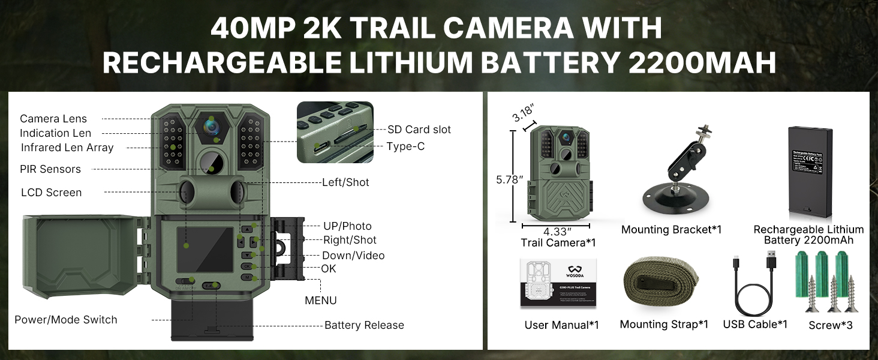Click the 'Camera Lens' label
tap(53, 119)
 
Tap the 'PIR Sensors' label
tap(50, 169)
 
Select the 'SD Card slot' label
tap(419, 130)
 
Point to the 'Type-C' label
tap(405, 146)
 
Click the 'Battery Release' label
tap(364, 325)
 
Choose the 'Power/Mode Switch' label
tap(66, 320)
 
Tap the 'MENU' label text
tap(321, 301)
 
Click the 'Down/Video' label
tap(353, 256)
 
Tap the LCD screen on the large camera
tap(205, 249)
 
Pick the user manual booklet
tap(558, 283)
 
